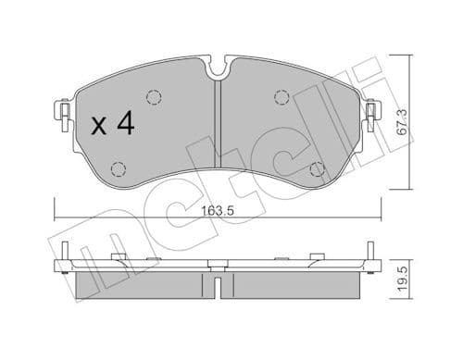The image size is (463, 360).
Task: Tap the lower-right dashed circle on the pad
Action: click(x=317, y=169)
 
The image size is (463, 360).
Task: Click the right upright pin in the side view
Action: click(x=368, y=254)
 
